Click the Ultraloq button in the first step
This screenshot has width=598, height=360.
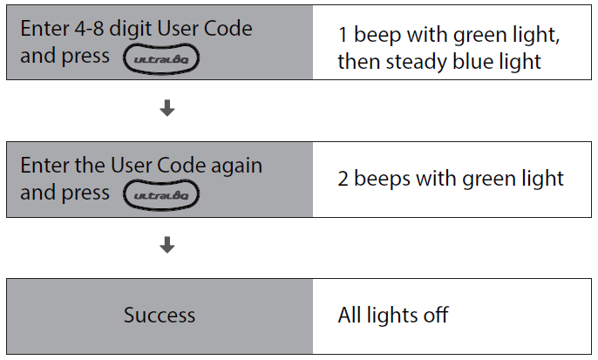tap(162, 58)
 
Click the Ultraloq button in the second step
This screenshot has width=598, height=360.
tap(162, 194)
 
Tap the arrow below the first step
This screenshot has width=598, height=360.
tap(167, 109)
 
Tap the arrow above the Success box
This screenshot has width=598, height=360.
tap(167, 246)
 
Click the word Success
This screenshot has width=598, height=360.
tap(160, 315)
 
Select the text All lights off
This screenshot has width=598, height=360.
tap(392, 315)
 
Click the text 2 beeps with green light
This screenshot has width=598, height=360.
tap(451, 179)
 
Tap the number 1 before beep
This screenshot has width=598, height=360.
tap(343, 37)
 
